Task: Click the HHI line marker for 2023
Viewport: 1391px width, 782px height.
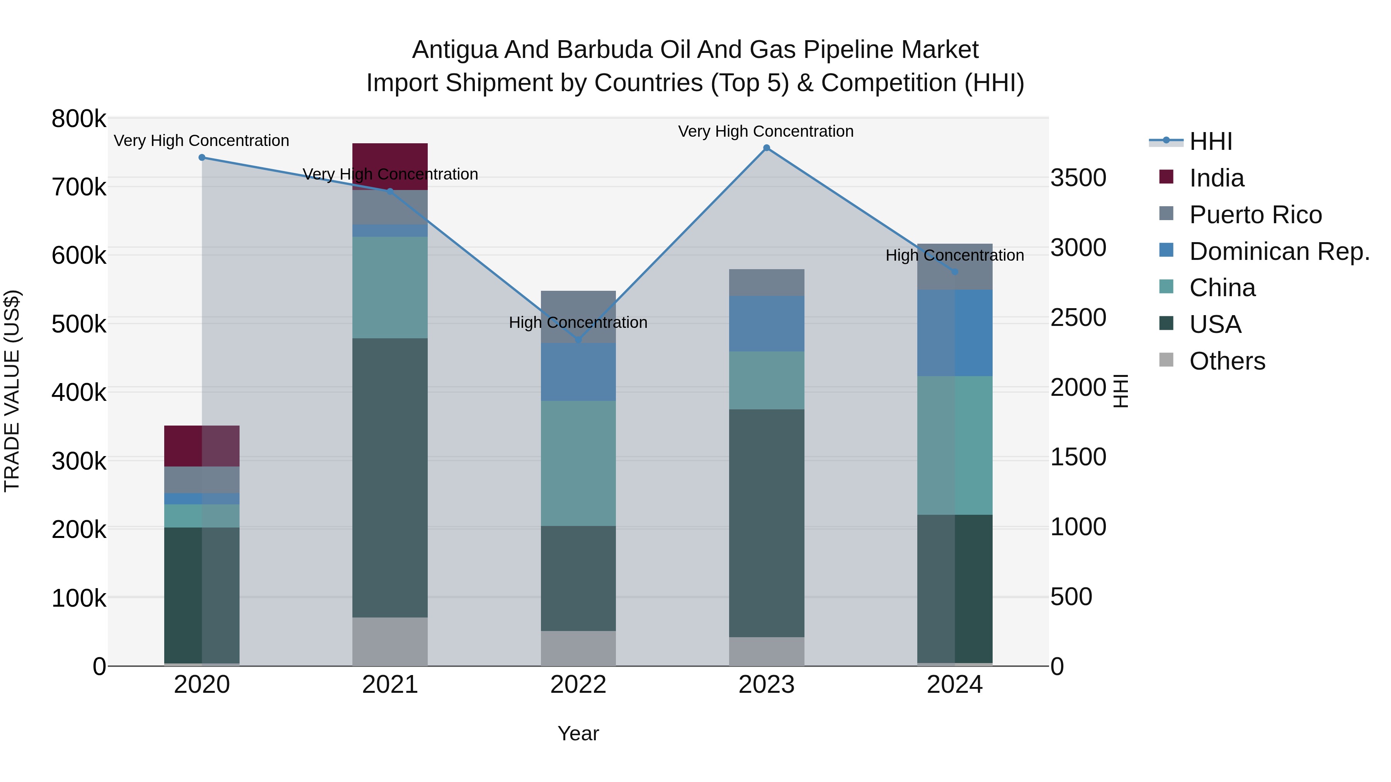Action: [766, 148]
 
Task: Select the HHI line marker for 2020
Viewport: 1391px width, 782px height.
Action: [202, 158]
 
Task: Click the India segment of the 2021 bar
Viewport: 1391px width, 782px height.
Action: [390, 166]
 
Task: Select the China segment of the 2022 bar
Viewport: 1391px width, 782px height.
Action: [578, 463]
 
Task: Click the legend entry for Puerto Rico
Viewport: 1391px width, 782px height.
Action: [1255, 215]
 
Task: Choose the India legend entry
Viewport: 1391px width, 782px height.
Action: [1217, 178]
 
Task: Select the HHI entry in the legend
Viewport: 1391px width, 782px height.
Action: [1211, 141]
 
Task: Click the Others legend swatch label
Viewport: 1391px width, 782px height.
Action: [1227, 361]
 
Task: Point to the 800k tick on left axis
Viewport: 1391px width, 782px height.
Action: [79, 119]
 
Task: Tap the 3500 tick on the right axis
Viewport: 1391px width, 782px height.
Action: [1078, 178]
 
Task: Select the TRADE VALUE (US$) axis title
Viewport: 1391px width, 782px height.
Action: [12, 391]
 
